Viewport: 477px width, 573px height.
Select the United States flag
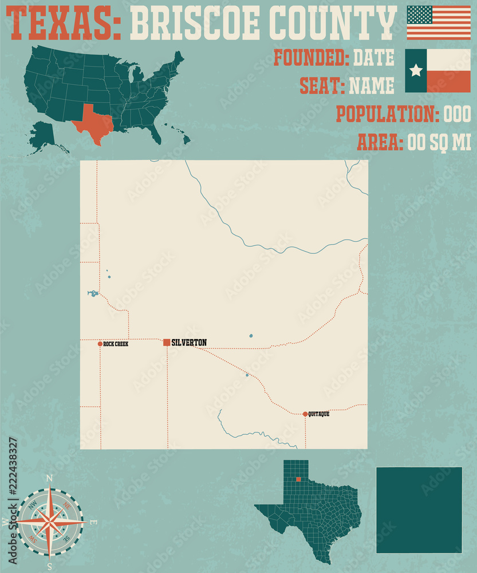click(x=438, y=22)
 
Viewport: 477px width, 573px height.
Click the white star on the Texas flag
click(x=416, y=70)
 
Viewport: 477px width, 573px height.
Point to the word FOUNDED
click(x=311, y=58)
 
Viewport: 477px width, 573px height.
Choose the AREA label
click(x=380, y=142)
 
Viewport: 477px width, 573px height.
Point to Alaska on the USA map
click(x=42, y=135)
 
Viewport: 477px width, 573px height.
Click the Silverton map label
click(x=189, y=343)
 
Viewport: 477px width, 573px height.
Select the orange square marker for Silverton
click(x=167, y=343)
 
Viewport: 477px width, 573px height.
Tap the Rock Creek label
click(x=116, y=344)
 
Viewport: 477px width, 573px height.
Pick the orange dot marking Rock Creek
click(x=100, y=344)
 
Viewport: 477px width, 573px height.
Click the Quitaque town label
click(x=319, y=414)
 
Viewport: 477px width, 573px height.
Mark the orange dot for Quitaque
click(x=305, y=414)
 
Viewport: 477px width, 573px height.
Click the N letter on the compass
click(x=49, y=478)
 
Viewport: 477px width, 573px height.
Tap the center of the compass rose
click(x=50, y=521)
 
